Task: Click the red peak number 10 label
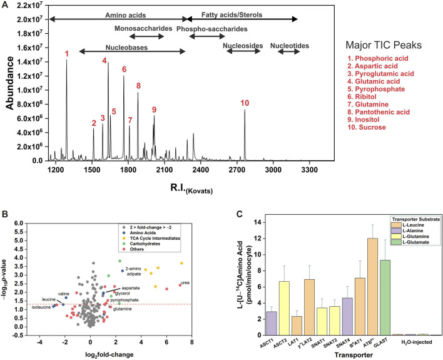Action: point(245,103)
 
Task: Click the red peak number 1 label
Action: point(67,54)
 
